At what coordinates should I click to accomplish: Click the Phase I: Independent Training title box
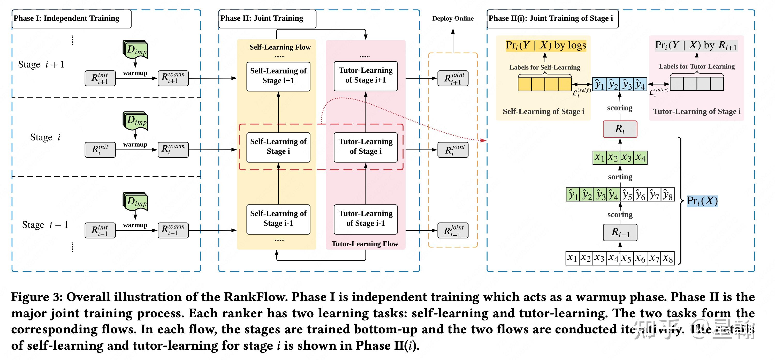pyautogui.click(x=71, y=19)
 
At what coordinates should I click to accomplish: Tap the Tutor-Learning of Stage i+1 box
pyautogui.click(x=365, y=76)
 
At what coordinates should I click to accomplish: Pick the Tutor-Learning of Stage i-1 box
pyautogui.click(x=365, y=219)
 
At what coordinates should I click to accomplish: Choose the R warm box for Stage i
pyautogui.click(x=173, y=149)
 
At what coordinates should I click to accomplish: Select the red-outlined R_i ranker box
pyautogui.click(x=620, y=129)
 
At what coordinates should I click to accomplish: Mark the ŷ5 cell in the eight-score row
pyautogui.click(x=627, y=195)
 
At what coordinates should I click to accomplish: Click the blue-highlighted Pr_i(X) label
pyautogui.click(x=702, y=201)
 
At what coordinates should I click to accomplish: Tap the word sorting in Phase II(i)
pyautogui.click(x=620, y=177)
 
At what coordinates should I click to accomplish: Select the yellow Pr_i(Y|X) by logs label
pyautogui.click(x=545, y=46)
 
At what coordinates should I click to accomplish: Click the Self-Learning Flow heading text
pyautogui.click(x=280, y=47)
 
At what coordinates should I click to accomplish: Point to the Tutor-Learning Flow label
pyautogui.click(x=365, y=244)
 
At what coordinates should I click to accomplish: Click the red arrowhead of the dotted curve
pyautogui.click(x=483, y=140)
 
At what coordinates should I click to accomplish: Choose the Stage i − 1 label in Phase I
pyautogui.click(x=45, y=225)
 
